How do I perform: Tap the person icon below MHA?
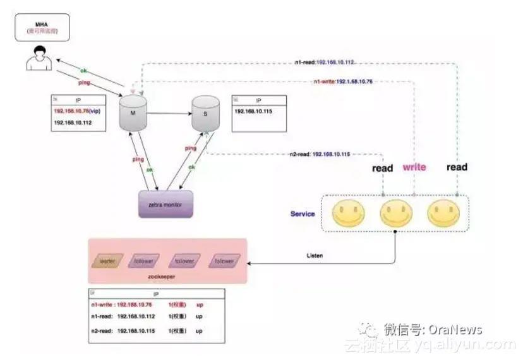pyautogui.click(x=39, y=57)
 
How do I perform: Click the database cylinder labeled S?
pyautogui.click(x=205, y=114)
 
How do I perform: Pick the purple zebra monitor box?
pyautogui.click(x=165, y=205)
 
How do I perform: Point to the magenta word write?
pyautogui.click(x=414, y=167)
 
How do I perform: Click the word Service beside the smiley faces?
pyautogui.click(x=303, y=213)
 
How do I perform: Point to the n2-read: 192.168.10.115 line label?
pyautogui.click(x=320, y=154)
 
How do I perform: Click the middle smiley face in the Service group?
pyautogui.click(x=396, y=213)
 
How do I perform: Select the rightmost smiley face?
pyautogui.click(x=443, y=213)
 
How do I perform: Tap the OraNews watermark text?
pyautogui.click(x=455, y=330)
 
